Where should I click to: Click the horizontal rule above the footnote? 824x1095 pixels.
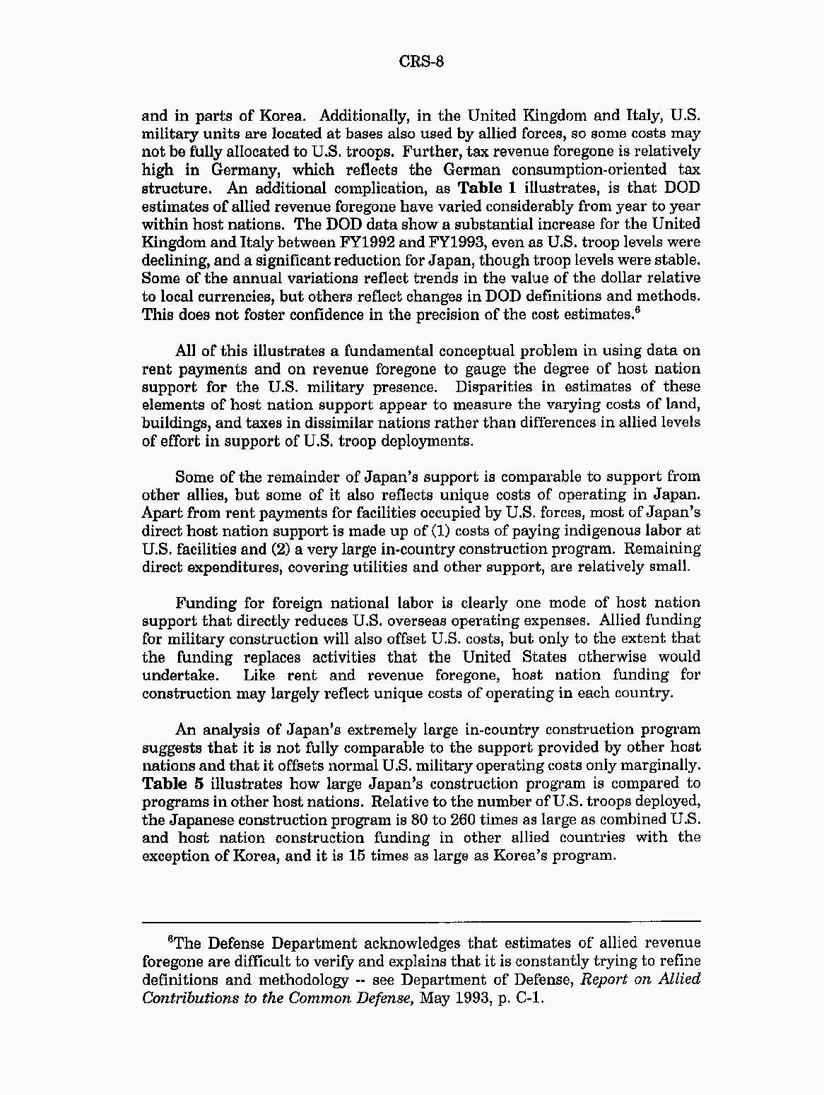coord(421,921)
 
